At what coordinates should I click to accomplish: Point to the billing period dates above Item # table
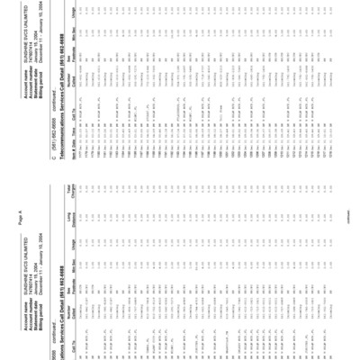tap(319, 33)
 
